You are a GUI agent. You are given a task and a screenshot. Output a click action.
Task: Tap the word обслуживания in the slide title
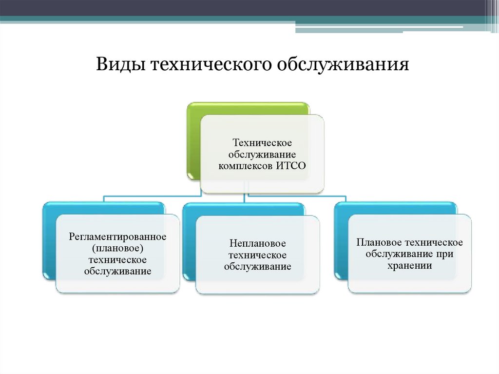click(343, 65)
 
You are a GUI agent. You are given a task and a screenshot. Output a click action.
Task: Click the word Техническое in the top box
click(262, 143)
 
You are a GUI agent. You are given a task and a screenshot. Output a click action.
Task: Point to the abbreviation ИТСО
click(291, 166)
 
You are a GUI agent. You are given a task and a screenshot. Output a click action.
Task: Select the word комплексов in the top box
click(246, 166)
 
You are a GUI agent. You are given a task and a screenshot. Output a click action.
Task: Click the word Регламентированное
click(117, 236)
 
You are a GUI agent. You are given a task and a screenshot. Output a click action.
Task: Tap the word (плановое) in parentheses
click(117, 248)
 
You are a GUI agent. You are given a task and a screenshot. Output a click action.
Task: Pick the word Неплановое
click(257, 243)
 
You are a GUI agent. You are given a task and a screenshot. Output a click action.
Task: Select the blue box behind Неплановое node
click(189, 244)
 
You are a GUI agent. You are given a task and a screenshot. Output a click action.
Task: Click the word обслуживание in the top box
click(262, 155)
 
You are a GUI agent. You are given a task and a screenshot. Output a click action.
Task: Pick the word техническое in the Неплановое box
click(257, 255)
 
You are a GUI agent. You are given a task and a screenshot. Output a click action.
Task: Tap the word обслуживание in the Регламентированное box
click(117, 271)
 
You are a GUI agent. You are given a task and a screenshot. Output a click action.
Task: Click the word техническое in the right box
click(434, 243)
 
